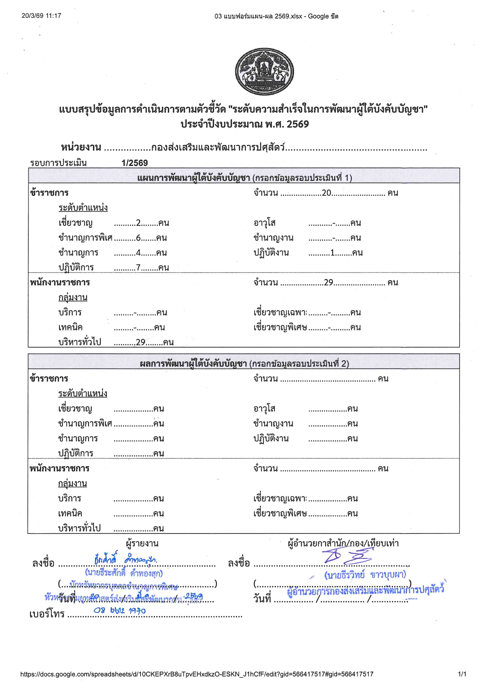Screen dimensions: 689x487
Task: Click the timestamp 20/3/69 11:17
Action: [41, 16]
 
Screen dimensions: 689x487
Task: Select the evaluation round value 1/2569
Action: [135, 163]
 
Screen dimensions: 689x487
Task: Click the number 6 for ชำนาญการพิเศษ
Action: [138, 238]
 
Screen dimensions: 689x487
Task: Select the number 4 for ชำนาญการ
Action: [138, 253]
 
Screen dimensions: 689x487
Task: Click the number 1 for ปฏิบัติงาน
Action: [332, 253]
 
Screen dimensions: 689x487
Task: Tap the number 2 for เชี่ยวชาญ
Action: [138, 223]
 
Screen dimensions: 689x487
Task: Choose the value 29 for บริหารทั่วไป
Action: [140, 342]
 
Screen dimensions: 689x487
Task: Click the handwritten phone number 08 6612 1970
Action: [119, 611]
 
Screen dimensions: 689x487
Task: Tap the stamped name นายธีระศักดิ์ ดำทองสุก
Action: [124, 573]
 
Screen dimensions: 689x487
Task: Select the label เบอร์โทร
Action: [47, 614]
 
